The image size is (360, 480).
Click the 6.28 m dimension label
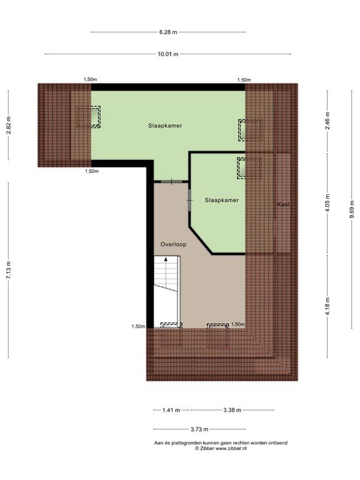[x=168, y=32]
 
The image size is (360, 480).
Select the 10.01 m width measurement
[x=167, y=54]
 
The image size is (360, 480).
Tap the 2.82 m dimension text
[x=9, y=125]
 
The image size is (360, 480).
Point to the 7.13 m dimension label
[x=9, y=270]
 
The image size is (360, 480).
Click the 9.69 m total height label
[x=352, y=209]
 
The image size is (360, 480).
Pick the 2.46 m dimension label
[x=327, y=121]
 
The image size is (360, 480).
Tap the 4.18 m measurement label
[x=327, y=306]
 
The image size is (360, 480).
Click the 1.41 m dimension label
[x=171, y=410]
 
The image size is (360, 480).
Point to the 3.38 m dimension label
[x=232, y=410]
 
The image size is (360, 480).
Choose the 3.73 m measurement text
[x=199, y=429]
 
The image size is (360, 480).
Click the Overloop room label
[x=173, y=244]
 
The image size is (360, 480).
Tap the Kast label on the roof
[x=283, y=204]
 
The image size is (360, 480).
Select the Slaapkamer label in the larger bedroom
[x=165, y=126]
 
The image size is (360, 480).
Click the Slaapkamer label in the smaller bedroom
[x=222, y=200]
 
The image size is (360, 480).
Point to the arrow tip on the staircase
[x=166, y=257]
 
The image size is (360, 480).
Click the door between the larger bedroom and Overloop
[x=171, y=182]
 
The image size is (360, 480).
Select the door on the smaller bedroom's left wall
[x=189, y=201]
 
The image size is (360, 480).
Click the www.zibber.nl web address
[x=231, y=449]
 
